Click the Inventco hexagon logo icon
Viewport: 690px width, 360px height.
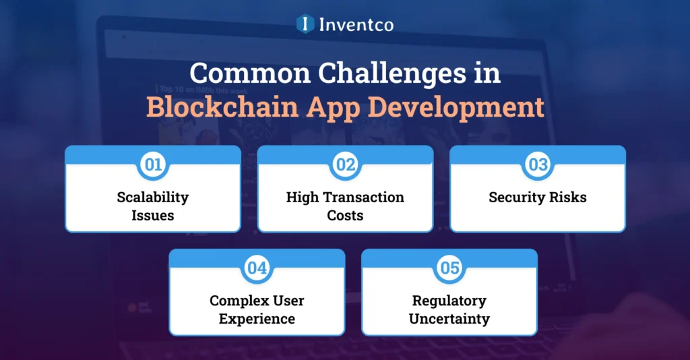[x=306, y=24]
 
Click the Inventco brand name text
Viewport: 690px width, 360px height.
[x=357, y=24]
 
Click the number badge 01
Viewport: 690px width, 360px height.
[x=153, y=164]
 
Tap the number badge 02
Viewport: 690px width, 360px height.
[x=345, y=164]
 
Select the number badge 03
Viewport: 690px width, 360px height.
[x=538, y=164]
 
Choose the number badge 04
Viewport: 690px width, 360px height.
[x=257, y=268]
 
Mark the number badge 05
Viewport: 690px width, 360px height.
[x=449, y=268]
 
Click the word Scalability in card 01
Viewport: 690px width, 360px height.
[x=153, y=198]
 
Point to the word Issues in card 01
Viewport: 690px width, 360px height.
[x=153, y=216]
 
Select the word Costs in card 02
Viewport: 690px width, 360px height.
[x=345, y=216]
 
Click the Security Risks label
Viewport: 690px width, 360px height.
[x=538, y=198]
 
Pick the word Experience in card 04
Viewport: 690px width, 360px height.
[x=257, y=319]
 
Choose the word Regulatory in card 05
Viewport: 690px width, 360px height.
[x=449, y=301]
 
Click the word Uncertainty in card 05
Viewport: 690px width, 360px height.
[x=449, y=319]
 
